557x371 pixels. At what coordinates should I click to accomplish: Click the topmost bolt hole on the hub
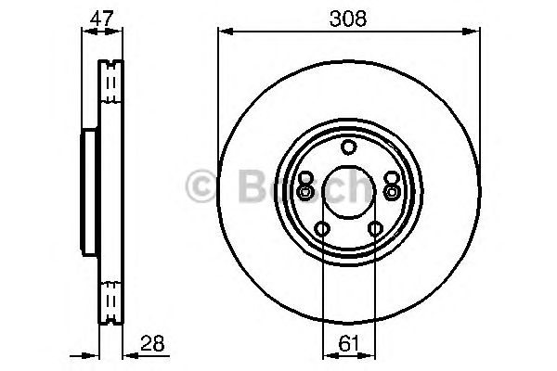tap(349, 147)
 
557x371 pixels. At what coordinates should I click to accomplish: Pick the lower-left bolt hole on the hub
tap(322, 229)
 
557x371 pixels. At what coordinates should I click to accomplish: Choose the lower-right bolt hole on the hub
tap(375, 229)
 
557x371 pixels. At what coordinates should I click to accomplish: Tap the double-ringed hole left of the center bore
tap(305, 192)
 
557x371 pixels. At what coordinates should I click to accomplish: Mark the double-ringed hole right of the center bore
tap(392, 192)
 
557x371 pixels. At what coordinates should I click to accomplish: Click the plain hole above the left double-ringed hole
tap(306, 178)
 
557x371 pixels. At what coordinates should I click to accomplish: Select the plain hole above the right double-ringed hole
tap(391, 178)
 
